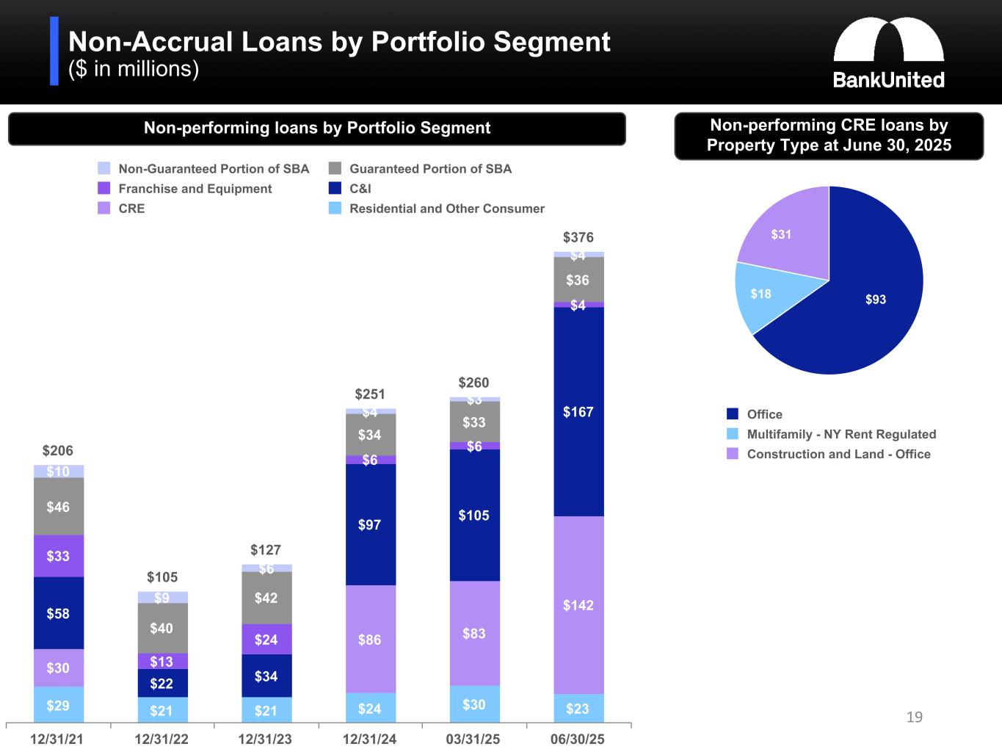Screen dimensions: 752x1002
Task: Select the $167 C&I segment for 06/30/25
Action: [578, 411]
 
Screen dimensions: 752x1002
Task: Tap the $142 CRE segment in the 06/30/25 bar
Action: [578, 605]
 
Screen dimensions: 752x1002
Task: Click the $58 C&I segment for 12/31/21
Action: [59, 613]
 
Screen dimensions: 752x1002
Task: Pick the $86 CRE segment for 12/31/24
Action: [370, 639]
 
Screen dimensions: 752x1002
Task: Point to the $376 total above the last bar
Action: [578, 237]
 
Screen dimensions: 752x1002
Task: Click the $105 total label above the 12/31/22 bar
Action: [162, 577]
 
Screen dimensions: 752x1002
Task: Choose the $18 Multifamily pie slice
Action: [760, 294]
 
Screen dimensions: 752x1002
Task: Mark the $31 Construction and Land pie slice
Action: [781, 234]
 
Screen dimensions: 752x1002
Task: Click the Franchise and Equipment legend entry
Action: [195, 189]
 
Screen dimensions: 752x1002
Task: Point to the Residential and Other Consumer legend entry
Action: [446, 209]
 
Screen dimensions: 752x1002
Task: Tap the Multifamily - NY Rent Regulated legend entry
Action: [841, 434]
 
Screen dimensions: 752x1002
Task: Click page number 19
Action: [914, 717]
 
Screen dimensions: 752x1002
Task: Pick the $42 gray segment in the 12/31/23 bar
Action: [266, 598]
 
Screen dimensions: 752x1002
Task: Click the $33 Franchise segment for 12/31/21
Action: [59, 556]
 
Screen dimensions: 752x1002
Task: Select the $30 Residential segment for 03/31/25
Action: [473, 704]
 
